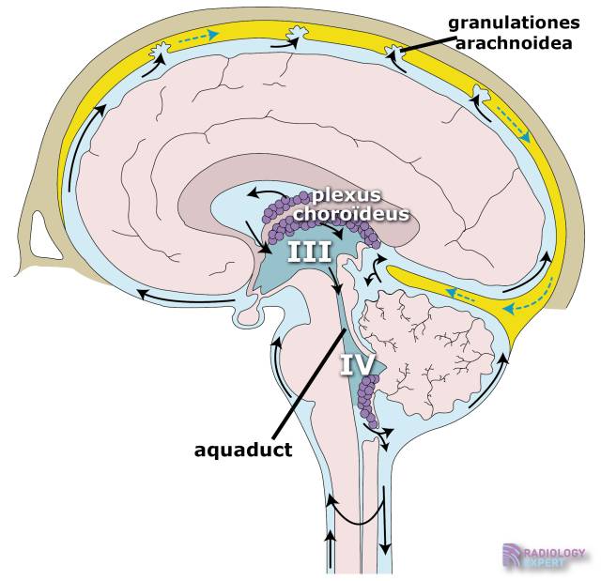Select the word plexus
[347, 195]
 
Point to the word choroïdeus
[351, 213]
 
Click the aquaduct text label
[243, 449]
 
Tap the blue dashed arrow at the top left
[198, 37]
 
